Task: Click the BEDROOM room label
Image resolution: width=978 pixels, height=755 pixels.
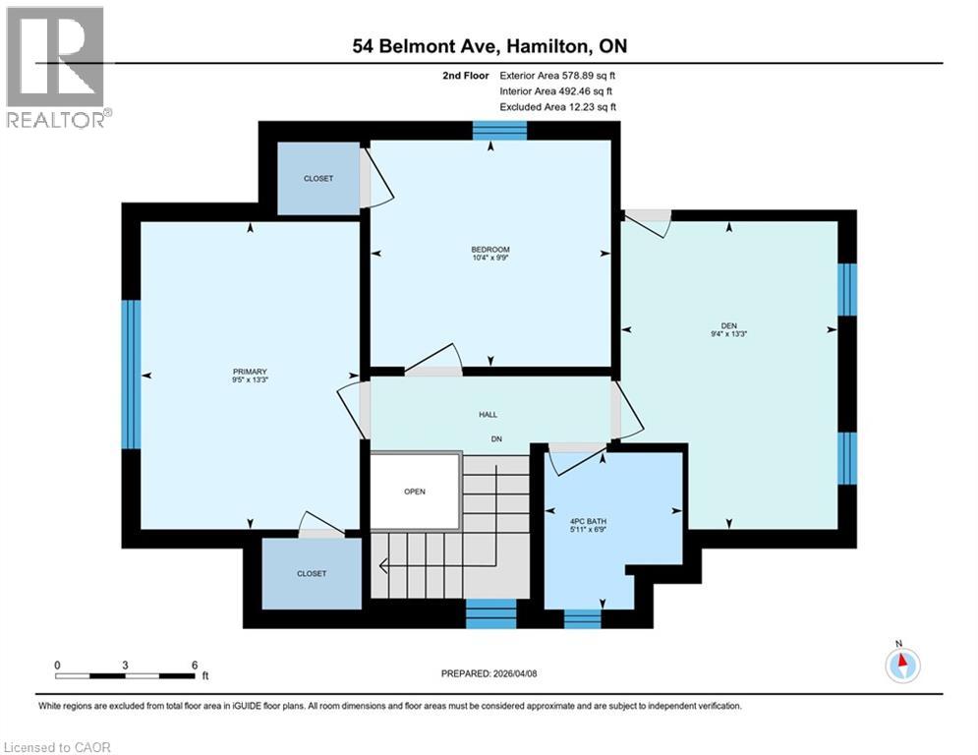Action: pyautogui.click(x=490, y=250)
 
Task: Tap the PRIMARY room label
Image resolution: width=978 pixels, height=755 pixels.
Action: pyautogui.click(x=250, y=372)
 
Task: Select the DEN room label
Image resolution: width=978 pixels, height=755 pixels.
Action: pyautogui.click(x=728, y=325)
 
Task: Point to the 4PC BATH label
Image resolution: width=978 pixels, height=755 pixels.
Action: pyautogui.click(x=588, y=521)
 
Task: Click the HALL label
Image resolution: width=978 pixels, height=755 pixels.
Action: pyautogui.click(x=488, y=414)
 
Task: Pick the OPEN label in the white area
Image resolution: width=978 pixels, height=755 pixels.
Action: pyautogui.click(x=415, y=492)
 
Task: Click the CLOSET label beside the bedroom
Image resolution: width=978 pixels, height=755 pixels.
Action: pyautogui.click(x=318, y=179)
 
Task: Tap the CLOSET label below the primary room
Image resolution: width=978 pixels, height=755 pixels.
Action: pyautogui.click(x=312, y=573)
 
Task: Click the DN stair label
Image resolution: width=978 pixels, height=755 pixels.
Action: pyautogui.click(x=496, y=439)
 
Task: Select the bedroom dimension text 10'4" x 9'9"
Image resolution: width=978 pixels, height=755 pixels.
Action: pyautogui.click(x=490, y=258)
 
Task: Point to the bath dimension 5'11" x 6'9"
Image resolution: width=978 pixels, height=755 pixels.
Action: pyautogui.click(x=588, y=529)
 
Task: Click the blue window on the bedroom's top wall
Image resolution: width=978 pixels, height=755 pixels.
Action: pyautogui.click(x=499, y=131)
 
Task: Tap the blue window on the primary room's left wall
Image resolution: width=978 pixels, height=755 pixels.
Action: pyautogui.click(x=131, y=375)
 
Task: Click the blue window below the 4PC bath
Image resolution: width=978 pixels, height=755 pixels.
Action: pyautogui.click(x=582, y=618)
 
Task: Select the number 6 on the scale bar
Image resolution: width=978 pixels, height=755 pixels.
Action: pyautogui.click(x=195, y=666)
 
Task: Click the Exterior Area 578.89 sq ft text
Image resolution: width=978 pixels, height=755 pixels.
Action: pyautogui.click(x=557, y=76)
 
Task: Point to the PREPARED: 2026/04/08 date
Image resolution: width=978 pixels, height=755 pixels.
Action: pyautogui.click(x=489, y=673)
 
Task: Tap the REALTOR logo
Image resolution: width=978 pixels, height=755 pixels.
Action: pyautogui.click(x=57, y=68)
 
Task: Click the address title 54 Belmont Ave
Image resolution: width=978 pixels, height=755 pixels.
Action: pyautogui.click(x=425, y=46)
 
